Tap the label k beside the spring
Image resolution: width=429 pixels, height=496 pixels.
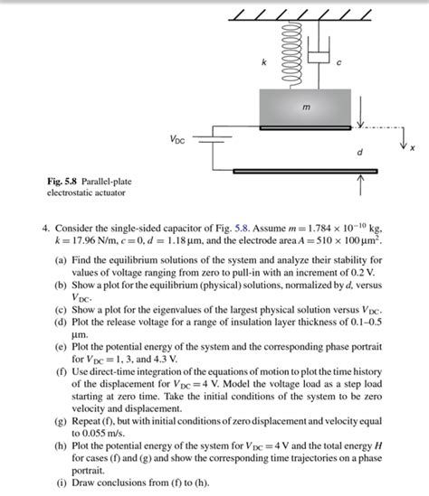pos(264,61)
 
